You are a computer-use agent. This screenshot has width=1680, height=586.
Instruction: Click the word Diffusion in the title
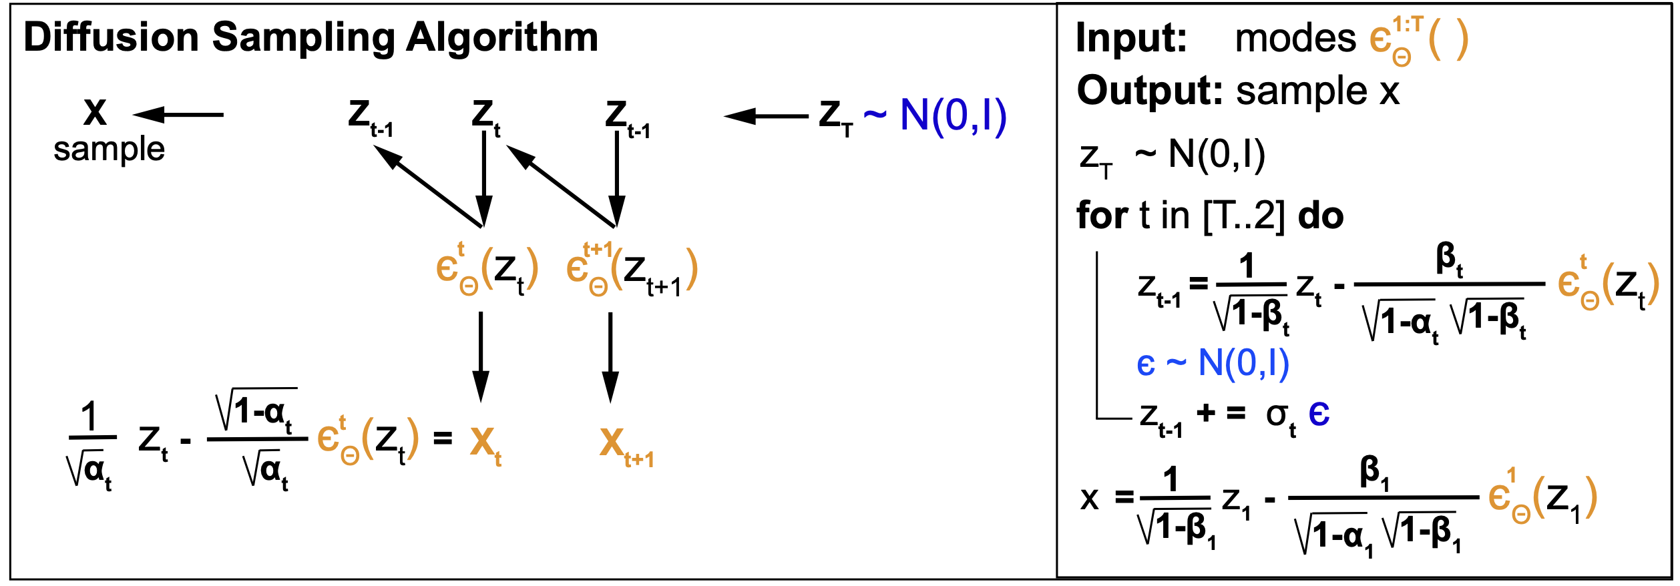coord(112,37)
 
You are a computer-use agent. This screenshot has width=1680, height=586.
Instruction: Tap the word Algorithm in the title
coord(502,38)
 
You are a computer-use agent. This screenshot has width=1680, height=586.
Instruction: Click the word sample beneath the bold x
coord(109,149)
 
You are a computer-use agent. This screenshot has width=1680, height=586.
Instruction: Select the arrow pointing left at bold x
coord(178,115)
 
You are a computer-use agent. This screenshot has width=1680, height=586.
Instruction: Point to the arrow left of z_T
coord(766,116)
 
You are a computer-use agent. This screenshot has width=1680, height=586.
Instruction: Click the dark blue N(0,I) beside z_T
coord(953,115)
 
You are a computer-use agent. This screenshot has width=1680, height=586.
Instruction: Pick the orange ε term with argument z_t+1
coord(631,270)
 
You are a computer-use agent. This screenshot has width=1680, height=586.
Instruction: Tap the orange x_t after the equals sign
coord(485,444)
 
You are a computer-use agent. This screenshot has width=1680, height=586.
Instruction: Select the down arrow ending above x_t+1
coord(610,357)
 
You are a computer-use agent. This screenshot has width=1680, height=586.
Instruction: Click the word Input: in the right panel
coord(1131,38)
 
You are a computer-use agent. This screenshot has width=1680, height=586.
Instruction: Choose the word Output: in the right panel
coord(1149,91)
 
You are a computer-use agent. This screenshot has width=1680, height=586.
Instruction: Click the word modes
coord(1295,38)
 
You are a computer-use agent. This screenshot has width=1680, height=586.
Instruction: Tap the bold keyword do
coord(1320,216)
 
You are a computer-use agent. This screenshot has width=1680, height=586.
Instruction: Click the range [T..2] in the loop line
coord(1243,216)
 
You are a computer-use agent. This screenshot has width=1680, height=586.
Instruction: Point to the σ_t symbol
coord(1280,416)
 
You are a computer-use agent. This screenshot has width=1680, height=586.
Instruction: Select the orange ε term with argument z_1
coord(1542,499)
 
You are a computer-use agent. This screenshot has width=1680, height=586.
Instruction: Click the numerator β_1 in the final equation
coord(1374,473)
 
